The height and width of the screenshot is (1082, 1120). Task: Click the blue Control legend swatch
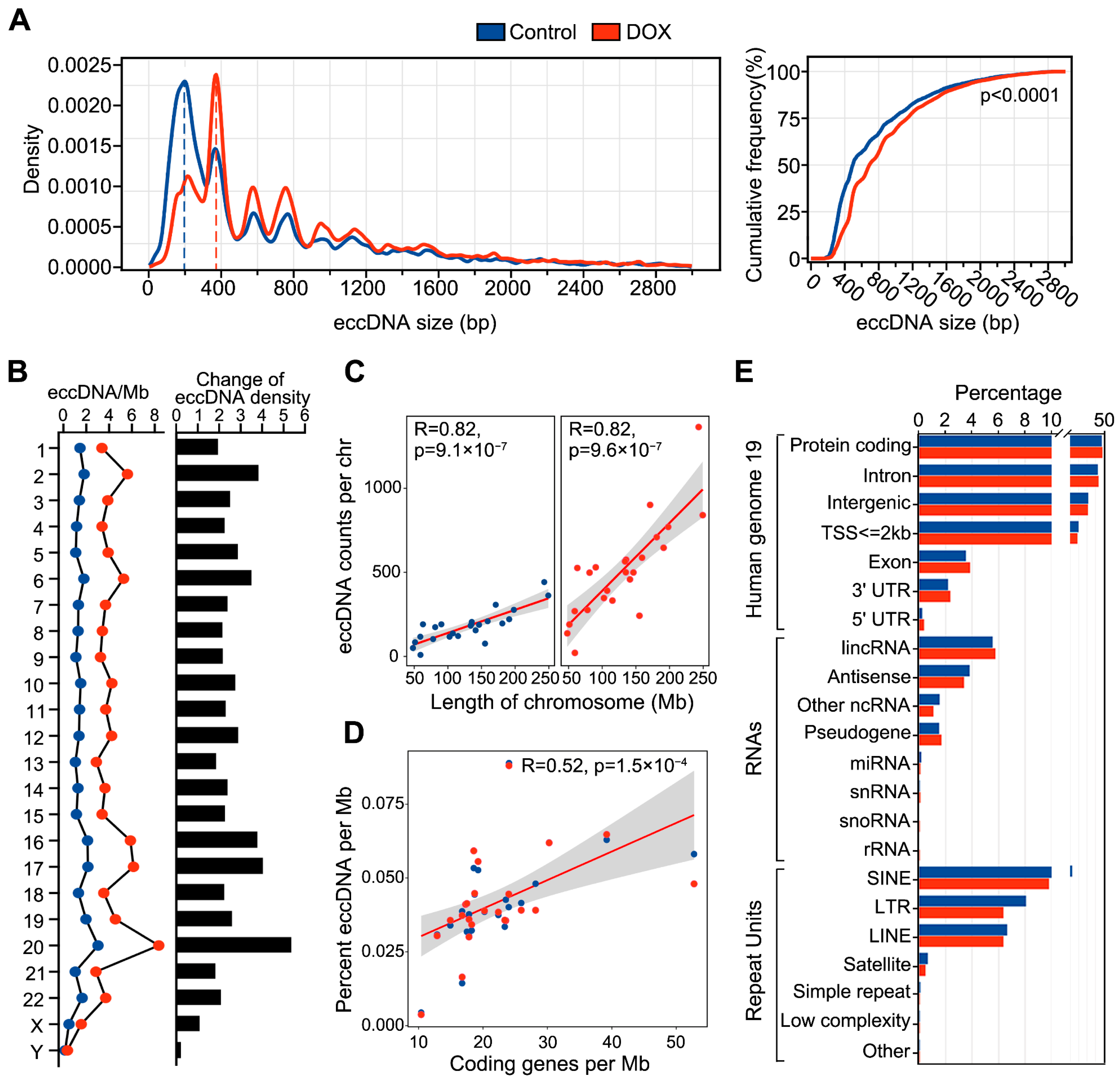point(490,32)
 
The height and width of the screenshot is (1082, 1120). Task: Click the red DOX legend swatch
point(606,32)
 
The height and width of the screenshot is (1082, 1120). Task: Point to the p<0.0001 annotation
point(1019,95)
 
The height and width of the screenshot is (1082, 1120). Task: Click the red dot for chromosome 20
point(159,945)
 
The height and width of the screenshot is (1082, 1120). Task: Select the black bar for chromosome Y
point(178,1050)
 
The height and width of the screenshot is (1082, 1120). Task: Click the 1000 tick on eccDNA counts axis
point(382,488)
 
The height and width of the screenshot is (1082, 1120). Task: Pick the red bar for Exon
point(944,567)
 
